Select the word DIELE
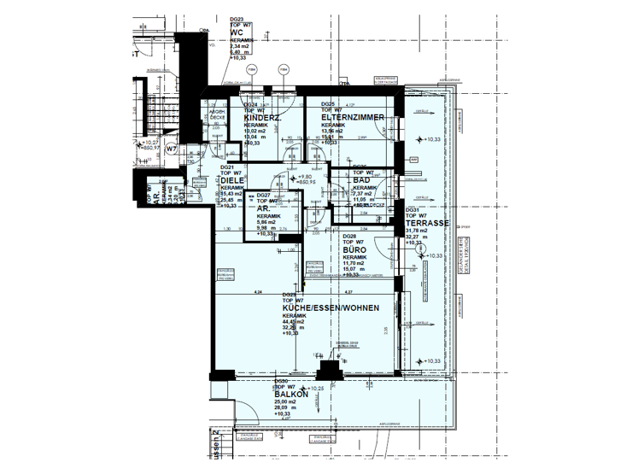(x=233, y=180)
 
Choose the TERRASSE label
(x=427, y=223)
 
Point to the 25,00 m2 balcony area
(x=287, y=402)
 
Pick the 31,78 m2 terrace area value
(x=417, y=230)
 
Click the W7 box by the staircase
(x=171, y=149)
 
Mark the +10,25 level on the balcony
(x=316, y=389)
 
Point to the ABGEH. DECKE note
(x=219, y=116)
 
